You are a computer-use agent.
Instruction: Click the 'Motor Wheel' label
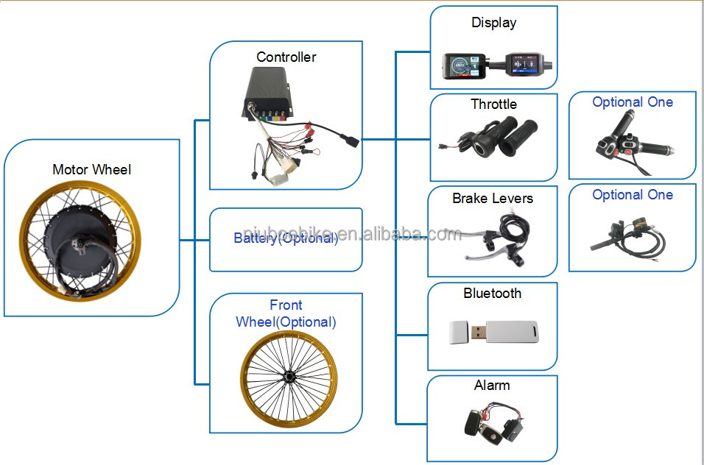pyautogui.click(x=91, y=169)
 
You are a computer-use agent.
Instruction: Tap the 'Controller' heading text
pyautogui.click(x=286, y=57)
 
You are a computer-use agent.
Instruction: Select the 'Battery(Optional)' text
pyautogui.click(x=286, y=238)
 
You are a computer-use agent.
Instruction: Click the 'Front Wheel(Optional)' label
pyautogui.click(x=286, y=313)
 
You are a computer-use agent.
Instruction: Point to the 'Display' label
pyautogui.click(x=494, y=23)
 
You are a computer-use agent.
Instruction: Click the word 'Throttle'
pyautogui.click(x=494, y=104)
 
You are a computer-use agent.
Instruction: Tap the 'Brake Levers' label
pyautogui.click(x=493, y=198)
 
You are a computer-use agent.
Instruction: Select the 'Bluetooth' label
pyautogui.click(x=493, y=294)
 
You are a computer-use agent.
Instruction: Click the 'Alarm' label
pyautogui.click(x=492, y=386)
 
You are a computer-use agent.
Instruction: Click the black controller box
pyautogui.click(x=270, y=93)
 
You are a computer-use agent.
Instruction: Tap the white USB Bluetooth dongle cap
pyautogui.click(x=458, y=333)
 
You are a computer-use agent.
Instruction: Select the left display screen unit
pyautogui.click(x=464, y=66)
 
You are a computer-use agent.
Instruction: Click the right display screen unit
pyautogui.click(x=524, y=64)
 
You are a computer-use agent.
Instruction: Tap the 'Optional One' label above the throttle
pyautogui.click(x=633, y=102)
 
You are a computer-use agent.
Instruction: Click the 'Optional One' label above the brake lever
pyautogui.click(x=633, y=195)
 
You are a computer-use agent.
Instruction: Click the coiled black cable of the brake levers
pyautogui.click(x=515, y=229)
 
